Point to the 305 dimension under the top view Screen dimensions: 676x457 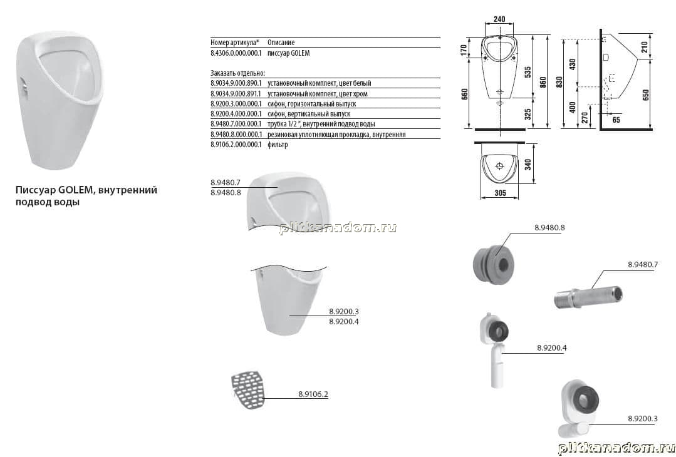coord(500,193)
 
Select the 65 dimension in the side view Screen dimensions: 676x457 coord(616,120)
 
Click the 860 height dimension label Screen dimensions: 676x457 coord(543,82)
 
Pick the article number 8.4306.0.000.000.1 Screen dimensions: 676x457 coord(236,53)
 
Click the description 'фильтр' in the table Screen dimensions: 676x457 coord(278,145)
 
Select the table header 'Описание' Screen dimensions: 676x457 coord(281,42)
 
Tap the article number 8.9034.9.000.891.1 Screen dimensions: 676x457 coord(236,93)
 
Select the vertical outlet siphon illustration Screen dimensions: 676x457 coord(494,349)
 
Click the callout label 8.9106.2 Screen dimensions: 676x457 coord(313,394)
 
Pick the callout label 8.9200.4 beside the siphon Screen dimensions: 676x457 coord(552,347)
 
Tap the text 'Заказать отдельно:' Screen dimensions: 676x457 coord(238,73)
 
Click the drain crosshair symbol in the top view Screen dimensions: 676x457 coord(500,166)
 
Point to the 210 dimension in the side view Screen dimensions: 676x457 coord(645,46)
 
